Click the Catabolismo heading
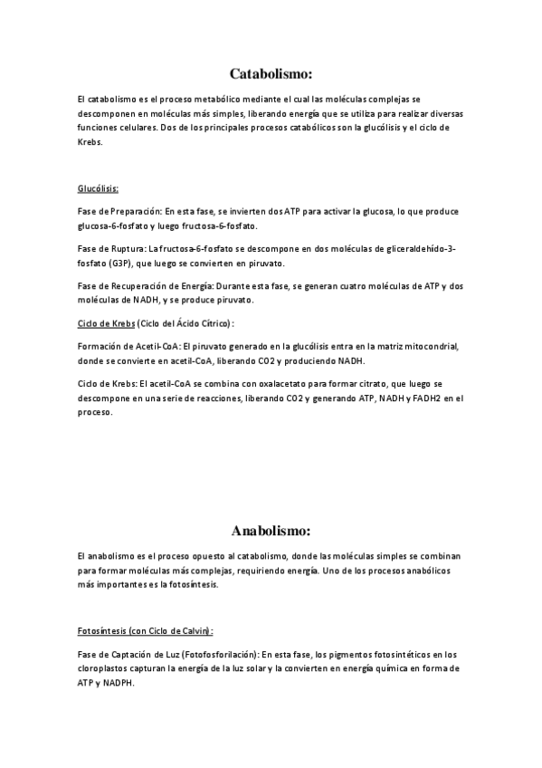pos(271,74)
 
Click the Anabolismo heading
pos(271,530)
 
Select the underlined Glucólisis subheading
pos(98,189)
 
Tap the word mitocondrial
pos(430,346)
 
